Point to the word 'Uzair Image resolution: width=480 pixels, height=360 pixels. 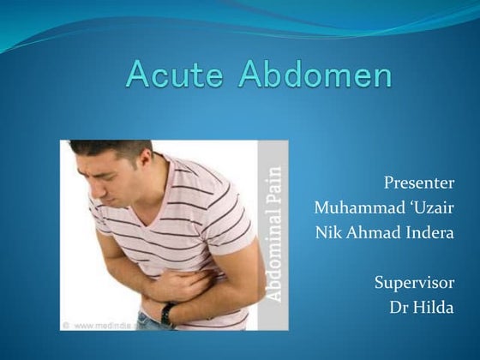point(426,208)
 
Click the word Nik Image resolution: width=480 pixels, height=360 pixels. point(328,234)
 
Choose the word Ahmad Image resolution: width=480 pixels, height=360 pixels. point(373,234)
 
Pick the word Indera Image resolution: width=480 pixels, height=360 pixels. point(429,234)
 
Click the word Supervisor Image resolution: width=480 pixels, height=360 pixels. point(415,282)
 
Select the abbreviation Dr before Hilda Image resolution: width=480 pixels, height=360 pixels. point(399,308)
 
